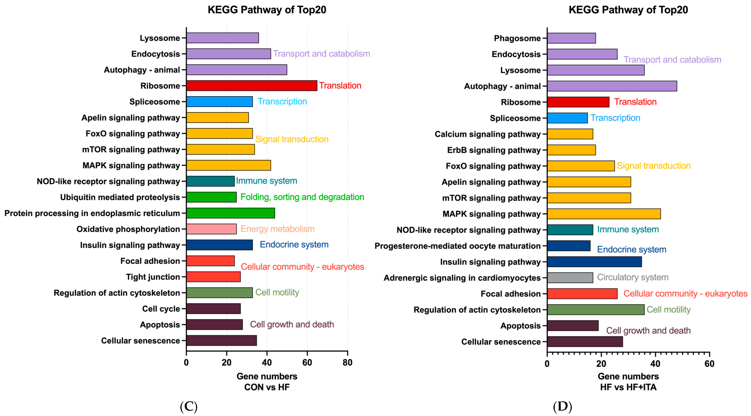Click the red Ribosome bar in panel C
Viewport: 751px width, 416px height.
point(251,86)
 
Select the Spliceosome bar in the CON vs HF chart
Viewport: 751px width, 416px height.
point(219,102)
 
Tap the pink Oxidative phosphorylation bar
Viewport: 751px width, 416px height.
point(211,229)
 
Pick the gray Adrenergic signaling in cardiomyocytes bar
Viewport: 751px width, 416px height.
point(570,278)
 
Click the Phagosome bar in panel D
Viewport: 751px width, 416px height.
point(571,38)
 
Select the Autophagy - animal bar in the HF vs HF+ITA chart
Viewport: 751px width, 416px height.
point(612,86)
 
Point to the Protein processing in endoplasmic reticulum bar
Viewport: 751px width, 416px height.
point(230,213)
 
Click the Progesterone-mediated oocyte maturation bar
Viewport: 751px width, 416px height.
point(568,246)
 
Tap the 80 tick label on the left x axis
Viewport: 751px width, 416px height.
point(347,363)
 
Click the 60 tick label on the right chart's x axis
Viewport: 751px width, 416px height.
point(709,364)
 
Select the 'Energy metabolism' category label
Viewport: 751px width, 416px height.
point(277,229)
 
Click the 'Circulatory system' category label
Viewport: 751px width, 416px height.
point(632,277)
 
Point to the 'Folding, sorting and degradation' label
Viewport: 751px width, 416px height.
point(302,197)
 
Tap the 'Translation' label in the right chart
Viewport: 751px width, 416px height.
point(635,102)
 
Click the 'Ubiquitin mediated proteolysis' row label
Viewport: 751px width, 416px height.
point(120,197)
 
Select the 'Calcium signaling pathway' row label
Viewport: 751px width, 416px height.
point(488,134)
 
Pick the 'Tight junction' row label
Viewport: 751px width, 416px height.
point(153,277)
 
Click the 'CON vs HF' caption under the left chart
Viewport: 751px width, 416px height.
point(267,387)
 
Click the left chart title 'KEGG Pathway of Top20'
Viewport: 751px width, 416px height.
point(267,10)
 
